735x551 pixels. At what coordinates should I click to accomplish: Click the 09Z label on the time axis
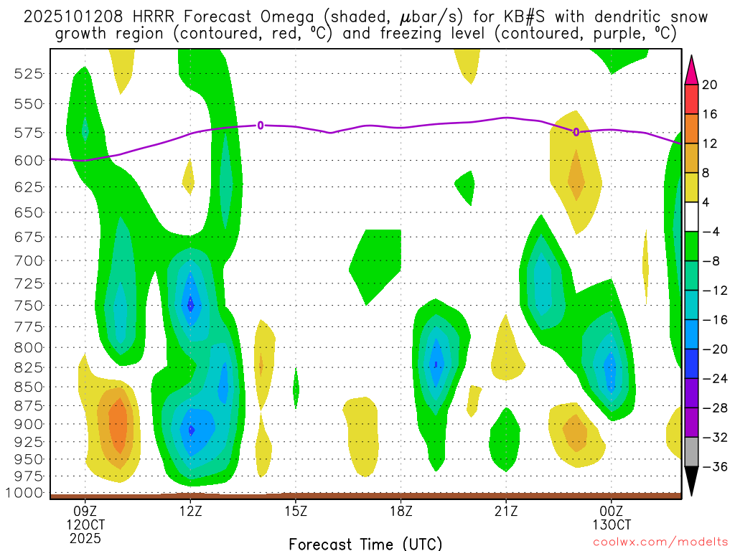pyautogui.click(x=85, y=512)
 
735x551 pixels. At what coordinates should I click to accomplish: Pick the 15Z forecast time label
pyautogui.click(x=296, y=512)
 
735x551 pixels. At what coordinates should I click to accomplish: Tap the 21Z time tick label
pyautogui.click(x=506, y=512)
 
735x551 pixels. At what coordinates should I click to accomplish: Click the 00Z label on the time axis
pyautogui.click(x=611, y=512)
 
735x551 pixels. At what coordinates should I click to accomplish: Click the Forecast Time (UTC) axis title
pyautogui.click(x=365, y=543)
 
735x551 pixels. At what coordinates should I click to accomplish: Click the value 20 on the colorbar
pyautogui.click(x=710, y=85)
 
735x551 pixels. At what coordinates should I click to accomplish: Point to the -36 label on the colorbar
pyautogui.click(x=713, y=467)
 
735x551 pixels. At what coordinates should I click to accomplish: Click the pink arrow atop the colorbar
pyautogui.click(x=691, y=70)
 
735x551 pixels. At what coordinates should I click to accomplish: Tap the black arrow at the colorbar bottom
pyautogui.click(x=691, y=481)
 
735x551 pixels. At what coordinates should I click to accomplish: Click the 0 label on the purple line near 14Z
pyautogui.click(x=261, y=126)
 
